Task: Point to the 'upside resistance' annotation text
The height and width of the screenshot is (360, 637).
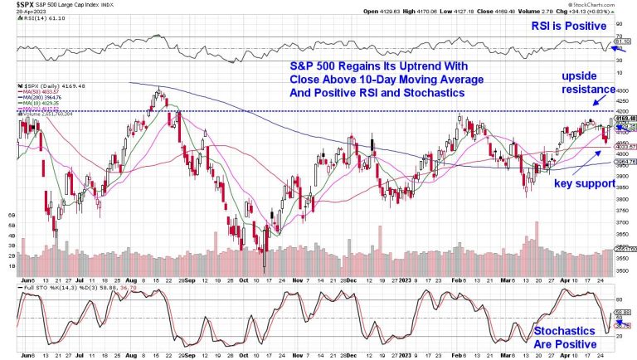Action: [586, 81]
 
